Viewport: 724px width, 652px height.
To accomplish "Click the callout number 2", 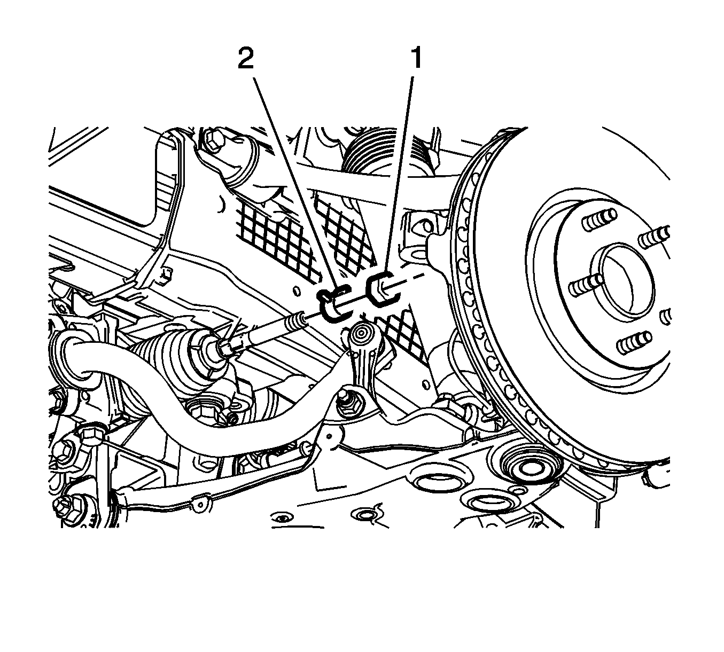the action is click(246, 59).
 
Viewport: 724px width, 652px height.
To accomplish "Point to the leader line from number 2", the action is click(296, 182).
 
